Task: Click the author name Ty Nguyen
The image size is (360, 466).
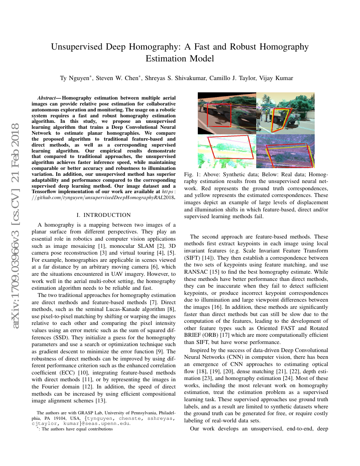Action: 75,78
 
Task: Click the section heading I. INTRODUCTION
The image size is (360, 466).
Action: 104,215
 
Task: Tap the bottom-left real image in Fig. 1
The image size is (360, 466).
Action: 227,151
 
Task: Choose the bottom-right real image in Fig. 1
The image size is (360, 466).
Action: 285,151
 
